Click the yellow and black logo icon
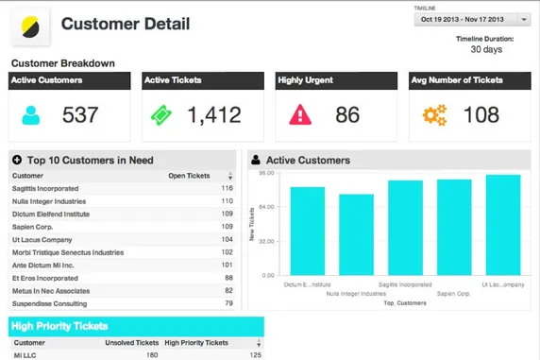[30, 26]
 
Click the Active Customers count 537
[80, 115]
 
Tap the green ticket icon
[162, 115]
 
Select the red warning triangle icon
[300, 115]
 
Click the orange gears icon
[433, 115]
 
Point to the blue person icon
[32, 115]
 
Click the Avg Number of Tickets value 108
[481, 115]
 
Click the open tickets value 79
[228, 303]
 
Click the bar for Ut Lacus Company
[503, 224]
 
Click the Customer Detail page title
[125, 25]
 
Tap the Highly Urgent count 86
[347, 115]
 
